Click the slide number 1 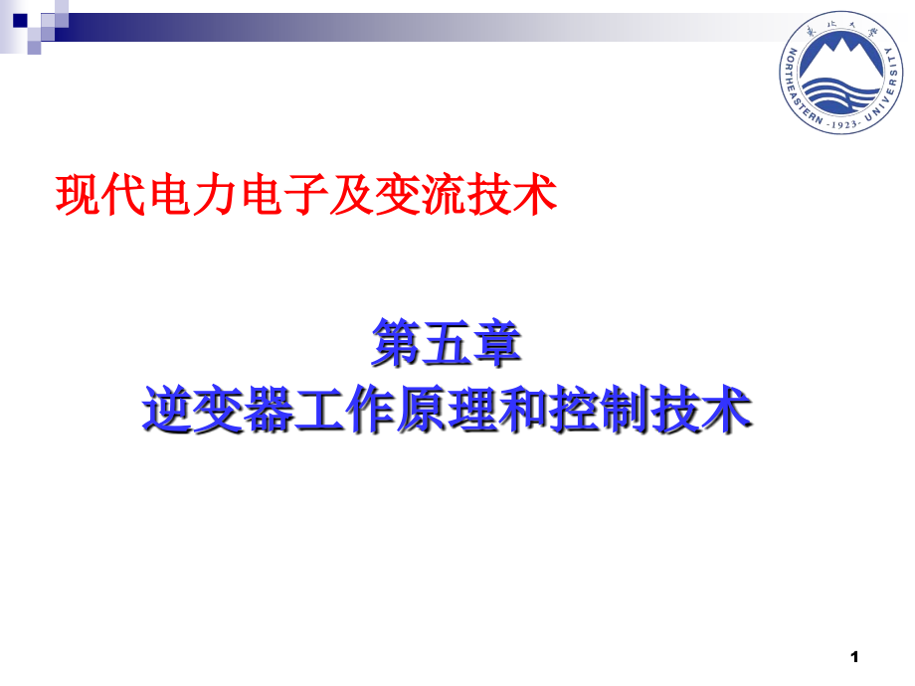click(854, 655)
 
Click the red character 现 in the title click(77, 193)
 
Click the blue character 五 click(448, 343)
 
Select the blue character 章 click(498, 343)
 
